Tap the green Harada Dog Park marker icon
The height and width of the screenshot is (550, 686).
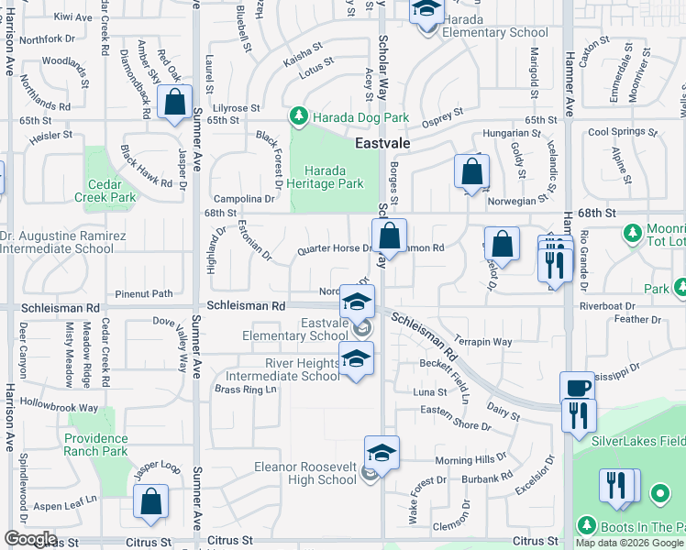coord(298,116)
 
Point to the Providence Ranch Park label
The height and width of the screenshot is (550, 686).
coord(95,445)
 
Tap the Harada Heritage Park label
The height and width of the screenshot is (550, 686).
coord(333,177)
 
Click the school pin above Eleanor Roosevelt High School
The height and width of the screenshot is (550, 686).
coord(382,453)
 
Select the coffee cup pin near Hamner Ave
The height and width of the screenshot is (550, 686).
coord(577,388)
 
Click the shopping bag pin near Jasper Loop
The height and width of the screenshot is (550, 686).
coord(151,501)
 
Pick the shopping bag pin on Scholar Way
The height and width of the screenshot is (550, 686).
coord(390,236)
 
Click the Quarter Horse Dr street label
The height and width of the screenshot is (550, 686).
coord(335,248)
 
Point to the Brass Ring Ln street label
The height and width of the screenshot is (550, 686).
coord(245,390)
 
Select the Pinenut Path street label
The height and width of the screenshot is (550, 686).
coord(144,294)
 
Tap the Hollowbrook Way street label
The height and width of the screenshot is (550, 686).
coord(59,406)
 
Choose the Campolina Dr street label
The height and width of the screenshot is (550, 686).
coord(244,199)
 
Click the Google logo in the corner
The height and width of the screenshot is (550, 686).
coord(31,539)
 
